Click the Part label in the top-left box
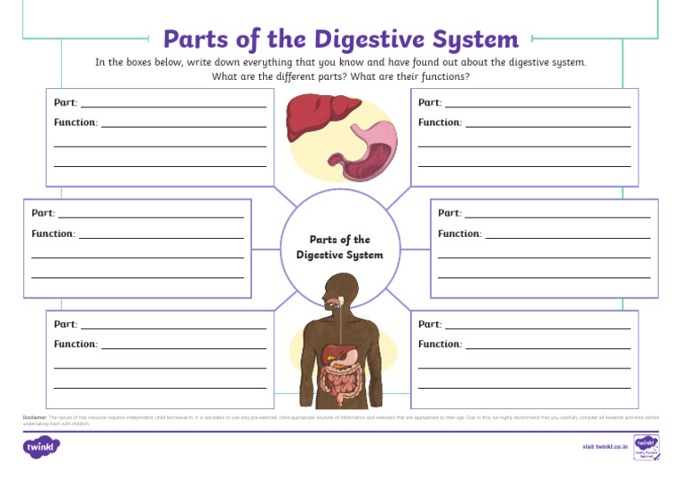65,102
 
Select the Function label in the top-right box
440,122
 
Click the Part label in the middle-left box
43,213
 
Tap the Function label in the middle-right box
459,234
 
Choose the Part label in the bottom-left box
65,324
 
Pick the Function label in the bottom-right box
440,344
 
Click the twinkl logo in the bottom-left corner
41,446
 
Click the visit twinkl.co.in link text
605,446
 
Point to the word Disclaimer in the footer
34,416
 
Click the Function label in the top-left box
75,122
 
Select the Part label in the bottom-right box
430,324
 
